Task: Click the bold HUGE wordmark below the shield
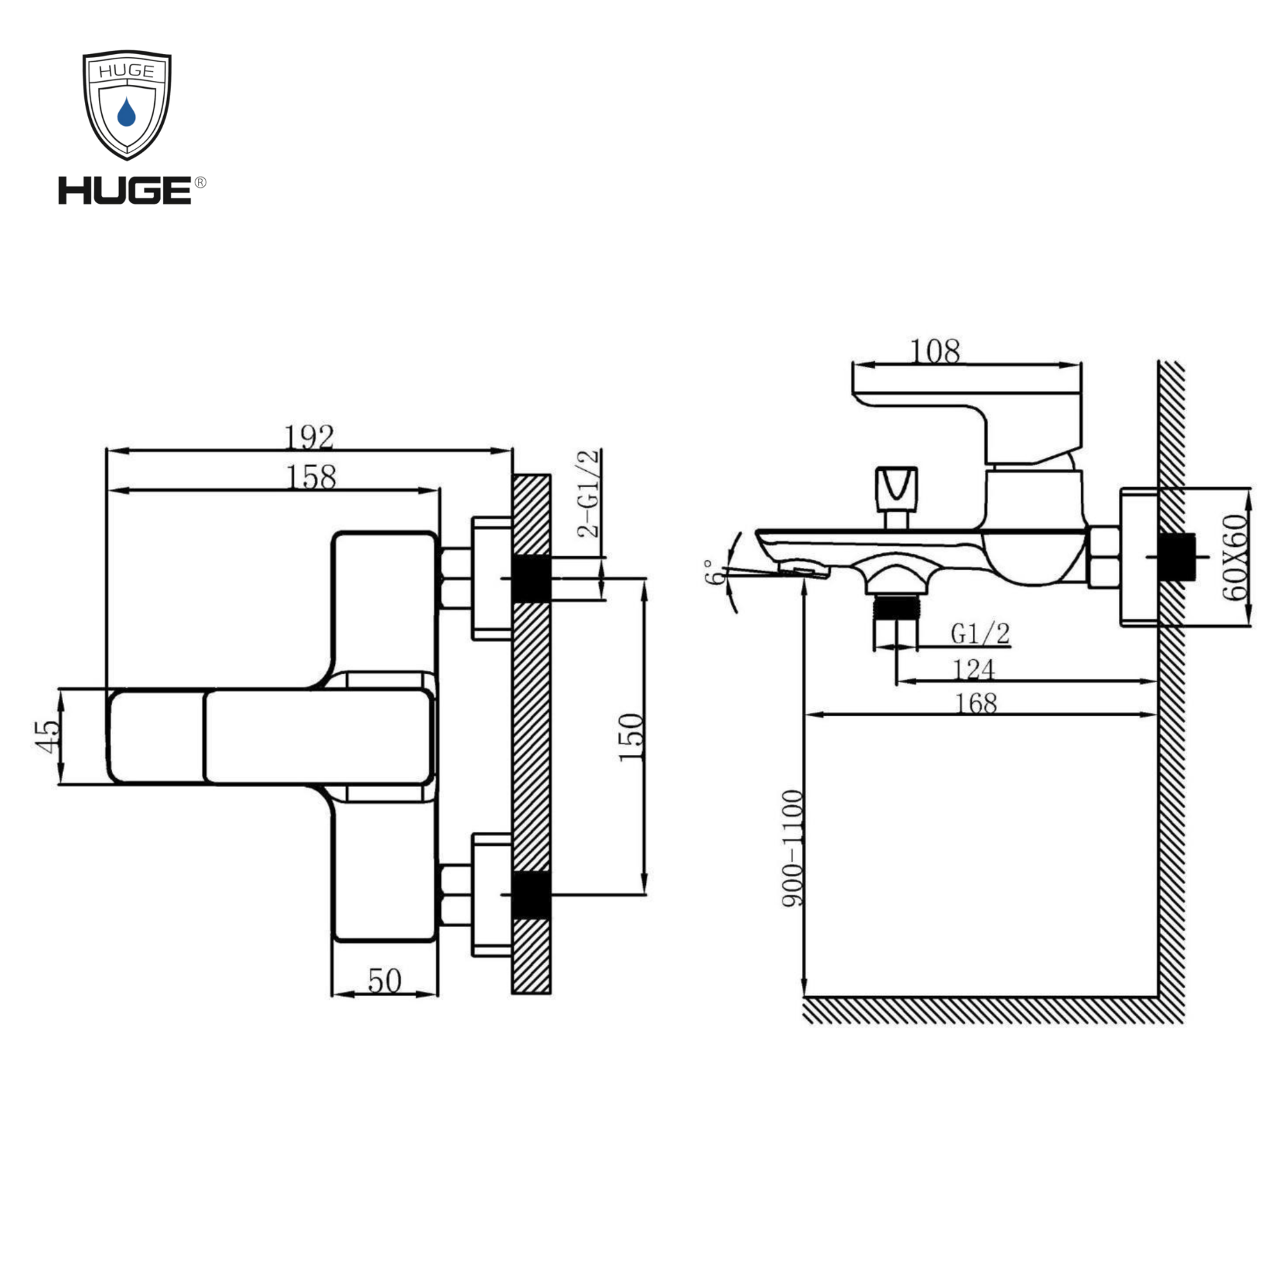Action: (x=125, y=191)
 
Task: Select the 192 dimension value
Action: (x=308, y=437)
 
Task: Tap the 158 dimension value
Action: (x=310, y=477)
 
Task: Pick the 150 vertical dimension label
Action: (x=631, y=738)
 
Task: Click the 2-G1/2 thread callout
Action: (x=589, y=493)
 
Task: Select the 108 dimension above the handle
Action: (x=934, y=351)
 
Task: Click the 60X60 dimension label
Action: (x=1236, y=556)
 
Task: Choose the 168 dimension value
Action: (x=976, y=703)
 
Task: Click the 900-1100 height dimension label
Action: (x=792, y=848)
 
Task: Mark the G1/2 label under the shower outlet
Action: (x=980, y=634)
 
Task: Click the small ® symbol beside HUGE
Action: (x=200, y=182)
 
